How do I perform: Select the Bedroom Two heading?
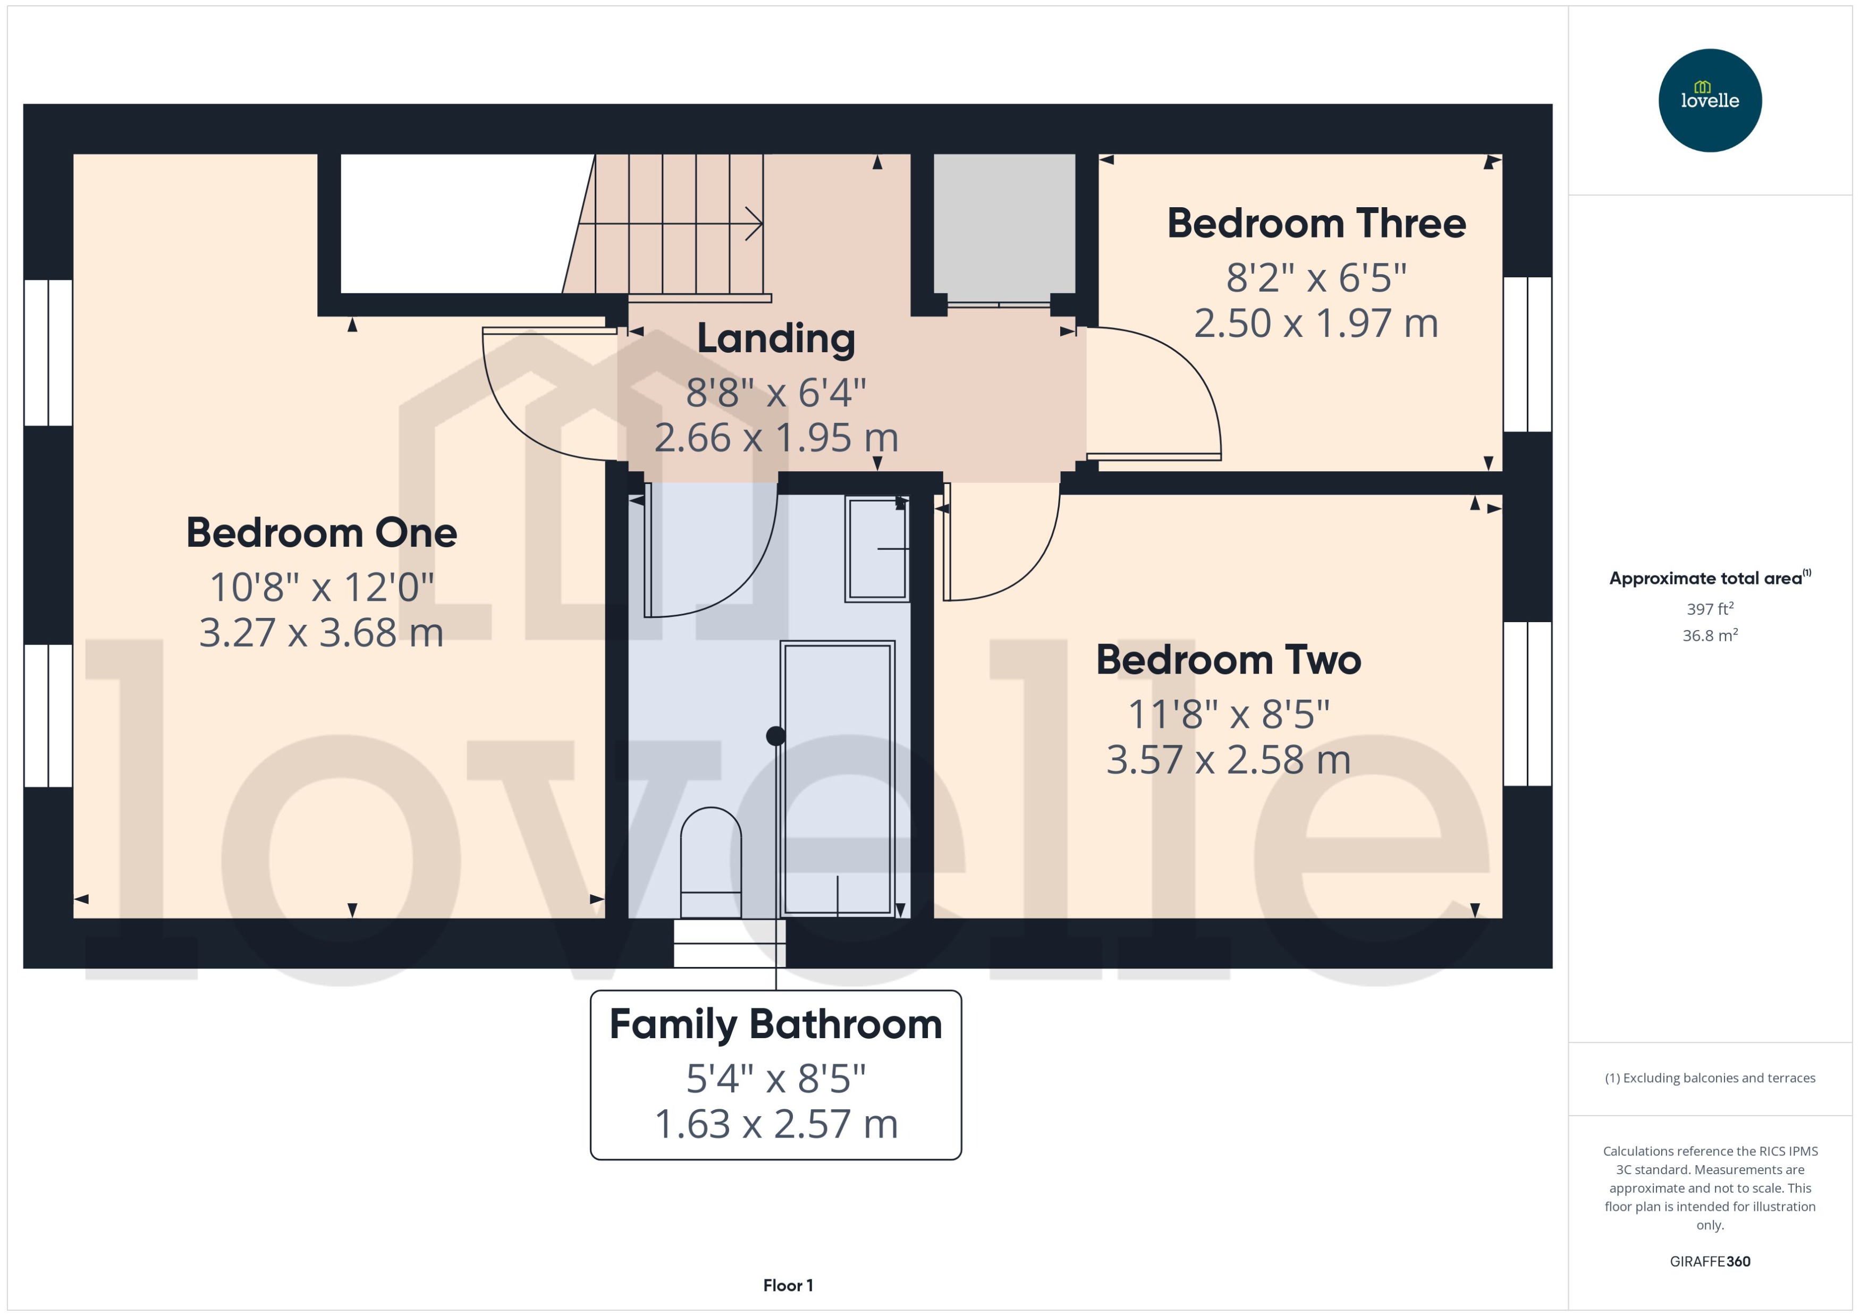(x=1228, y=660)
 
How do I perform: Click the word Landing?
(x=775, y=339)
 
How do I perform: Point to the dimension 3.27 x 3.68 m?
(x=322, y=633)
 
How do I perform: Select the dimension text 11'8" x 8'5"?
(x=1228, y=715)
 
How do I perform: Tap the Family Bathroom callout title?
(x=775, y=1024)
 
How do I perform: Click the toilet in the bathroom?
(x=711, y=863)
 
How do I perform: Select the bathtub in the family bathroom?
(x=837, y=778)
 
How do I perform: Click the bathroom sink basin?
(x=876, y=549)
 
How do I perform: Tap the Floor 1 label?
(x=788, y=1285)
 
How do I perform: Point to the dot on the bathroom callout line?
(x=775, y=736)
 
